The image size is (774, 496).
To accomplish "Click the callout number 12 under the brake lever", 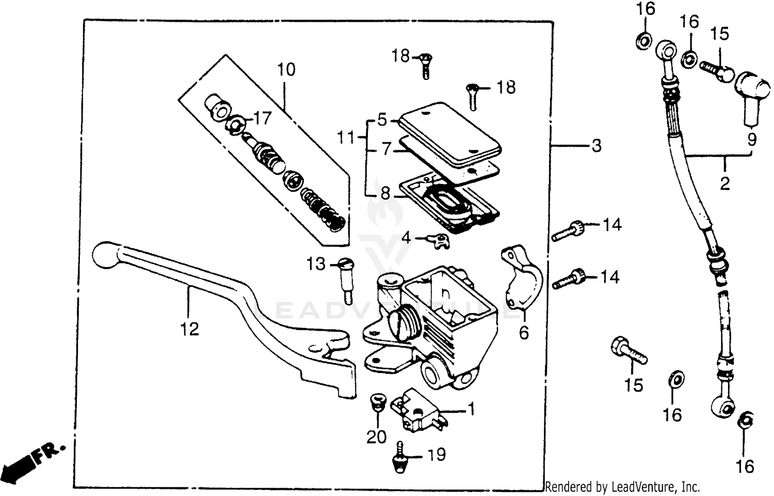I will (x=190, y=329).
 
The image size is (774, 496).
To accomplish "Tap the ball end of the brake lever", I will (x=105, y=255).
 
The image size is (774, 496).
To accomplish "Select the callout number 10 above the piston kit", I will (x=286, y=69).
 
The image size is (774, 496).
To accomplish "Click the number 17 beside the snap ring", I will (x=262, y=119).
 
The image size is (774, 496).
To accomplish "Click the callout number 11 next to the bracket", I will (x=347, y=138).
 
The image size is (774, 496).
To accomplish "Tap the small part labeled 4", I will (x=439, y=240).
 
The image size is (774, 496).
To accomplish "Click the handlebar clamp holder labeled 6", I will (x=521, y=279).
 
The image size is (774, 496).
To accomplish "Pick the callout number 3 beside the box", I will (x=596, y=146).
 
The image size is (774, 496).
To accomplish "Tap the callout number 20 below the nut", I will (x=376, y=437).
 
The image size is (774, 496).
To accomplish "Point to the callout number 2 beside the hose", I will (x=725, y=183).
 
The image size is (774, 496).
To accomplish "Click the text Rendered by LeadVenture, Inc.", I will (x=622, y=487).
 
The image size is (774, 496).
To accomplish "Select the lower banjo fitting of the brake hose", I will (x=721, y=406).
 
